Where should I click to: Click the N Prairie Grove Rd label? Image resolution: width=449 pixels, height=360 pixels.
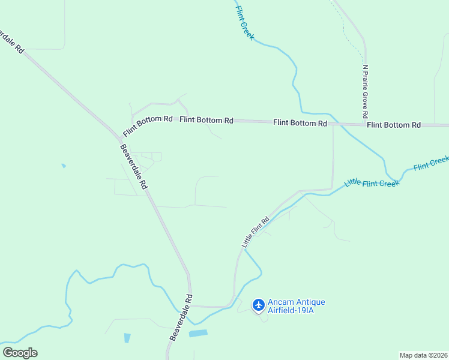click(x=365, y=91)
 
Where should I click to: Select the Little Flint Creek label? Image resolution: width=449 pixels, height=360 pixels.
click(x=372, y=182)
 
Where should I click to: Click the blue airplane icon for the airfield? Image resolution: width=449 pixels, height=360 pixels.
click(x=259, y=305)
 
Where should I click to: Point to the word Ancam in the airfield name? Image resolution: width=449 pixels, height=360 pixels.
click(x=280, y=302)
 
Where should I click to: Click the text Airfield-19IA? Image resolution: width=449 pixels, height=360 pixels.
click(x=292, y=310)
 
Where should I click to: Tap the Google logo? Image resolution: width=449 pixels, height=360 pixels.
click(x=20, y=353)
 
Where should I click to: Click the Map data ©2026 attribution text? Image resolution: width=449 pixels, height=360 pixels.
click(x=423, y=355)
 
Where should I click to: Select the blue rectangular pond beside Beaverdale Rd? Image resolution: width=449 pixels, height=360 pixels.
click(x=198, y=332)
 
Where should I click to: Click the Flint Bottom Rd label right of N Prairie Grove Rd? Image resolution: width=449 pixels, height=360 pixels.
click(x=394, y=125)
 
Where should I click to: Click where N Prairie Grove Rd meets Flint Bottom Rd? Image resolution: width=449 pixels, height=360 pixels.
click(x=366, y=124)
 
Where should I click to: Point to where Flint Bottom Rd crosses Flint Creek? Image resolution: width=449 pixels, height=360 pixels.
click(x=334, y=122)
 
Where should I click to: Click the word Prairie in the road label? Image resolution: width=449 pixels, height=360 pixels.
click(x=365, y=91)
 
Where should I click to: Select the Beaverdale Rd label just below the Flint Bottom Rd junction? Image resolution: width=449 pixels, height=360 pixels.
click(x=134, y=167)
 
